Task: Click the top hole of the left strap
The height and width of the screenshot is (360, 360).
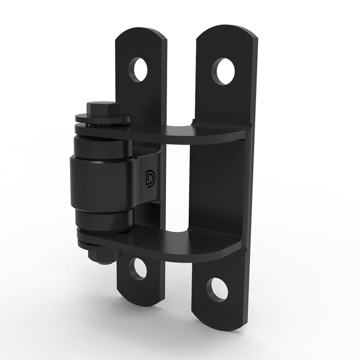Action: point(138,69)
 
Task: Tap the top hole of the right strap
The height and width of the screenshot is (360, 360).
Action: point(224,71)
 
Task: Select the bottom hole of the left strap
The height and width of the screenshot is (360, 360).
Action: point(138,268)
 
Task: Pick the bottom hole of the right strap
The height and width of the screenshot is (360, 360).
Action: point(217,289)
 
